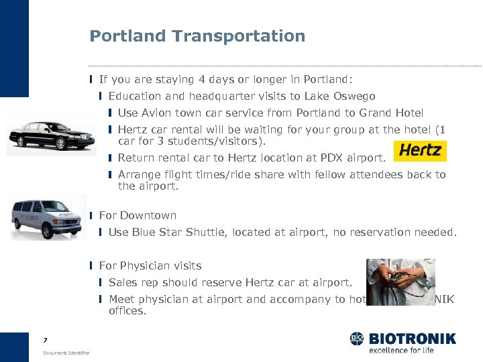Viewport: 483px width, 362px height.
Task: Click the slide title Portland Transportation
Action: pyautogui.click(x=197, y=36)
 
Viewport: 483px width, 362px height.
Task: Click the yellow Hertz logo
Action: pyautogui.click(x=420, y=151)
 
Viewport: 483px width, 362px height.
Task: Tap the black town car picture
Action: pyautogui.click(x=47, y=137)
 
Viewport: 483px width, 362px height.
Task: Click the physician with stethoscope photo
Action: pyautogui.click(x=400, y=282)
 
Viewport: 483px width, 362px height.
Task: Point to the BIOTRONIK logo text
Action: pyautogui.click(x=411, y=339)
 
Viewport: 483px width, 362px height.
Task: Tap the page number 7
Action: pyautogui.click(x=45, y=341)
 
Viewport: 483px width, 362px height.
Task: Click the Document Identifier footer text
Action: pyautogui.click(x=66, y=353)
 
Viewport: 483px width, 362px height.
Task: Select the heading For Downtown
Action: pyautogui.click(x=138, y=215)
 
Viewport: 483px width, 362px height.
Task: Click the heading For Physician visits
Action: pyautogui.click(x=150, y=265)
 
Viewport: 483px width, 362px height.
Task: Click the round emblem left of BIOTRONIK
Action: pyautogui.click(x=357, y=339)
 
